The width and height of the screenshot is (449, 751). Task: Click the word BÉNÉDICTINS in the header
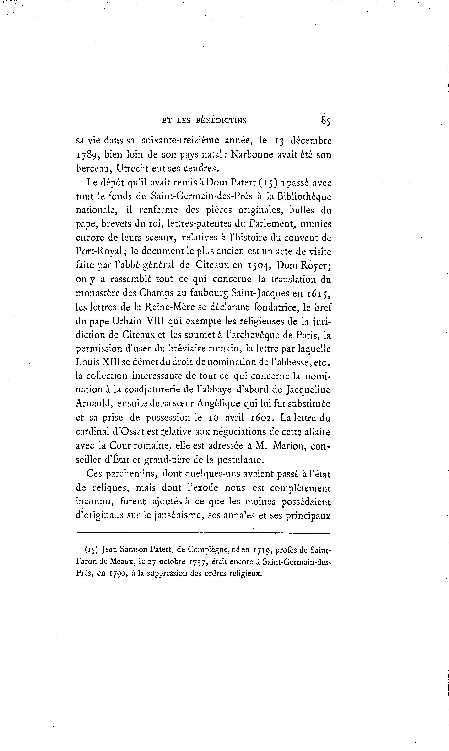click(221, 121)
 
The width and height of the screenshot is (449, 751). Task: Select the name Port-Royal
click(99, 252)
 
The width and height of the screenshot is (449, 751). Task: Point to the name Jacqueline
click(308, 390)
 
